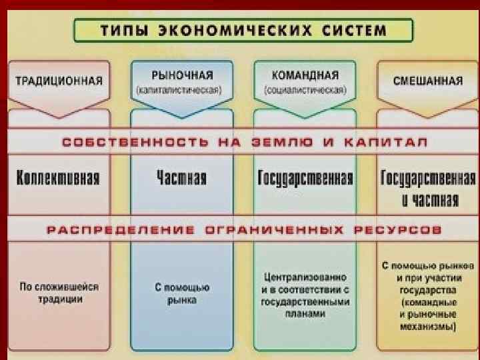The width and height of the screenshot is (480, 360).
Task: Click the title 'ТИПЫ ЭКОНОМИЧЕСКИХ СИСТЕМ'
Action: [x=243, y=31]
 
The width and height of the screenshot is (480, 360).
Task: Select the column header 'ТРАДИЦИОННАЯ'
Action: [x=59, y=81]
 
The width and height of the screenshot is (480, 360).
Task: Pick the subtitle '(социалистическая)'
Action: [x=305, y=89]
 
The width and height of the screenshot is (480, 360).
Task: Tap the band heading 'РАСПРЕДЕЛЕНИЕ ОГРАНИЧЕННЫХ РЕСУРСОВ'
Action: [x=244, y=230]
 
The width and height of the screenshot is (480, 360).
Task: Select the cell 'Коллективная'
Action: [x=59, y=178]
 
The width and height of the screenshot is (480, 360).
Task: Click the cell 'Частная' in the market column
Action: [x=181, y=178]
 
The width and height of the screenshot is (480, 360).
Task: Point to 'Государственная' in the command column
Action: [x=305, y=178]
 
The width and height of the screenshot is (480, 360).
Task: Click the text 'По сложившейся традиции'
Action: [x=59, y=293]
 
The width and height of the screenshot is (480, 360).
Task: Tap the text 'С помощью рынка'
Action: [x=182, y=293]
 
